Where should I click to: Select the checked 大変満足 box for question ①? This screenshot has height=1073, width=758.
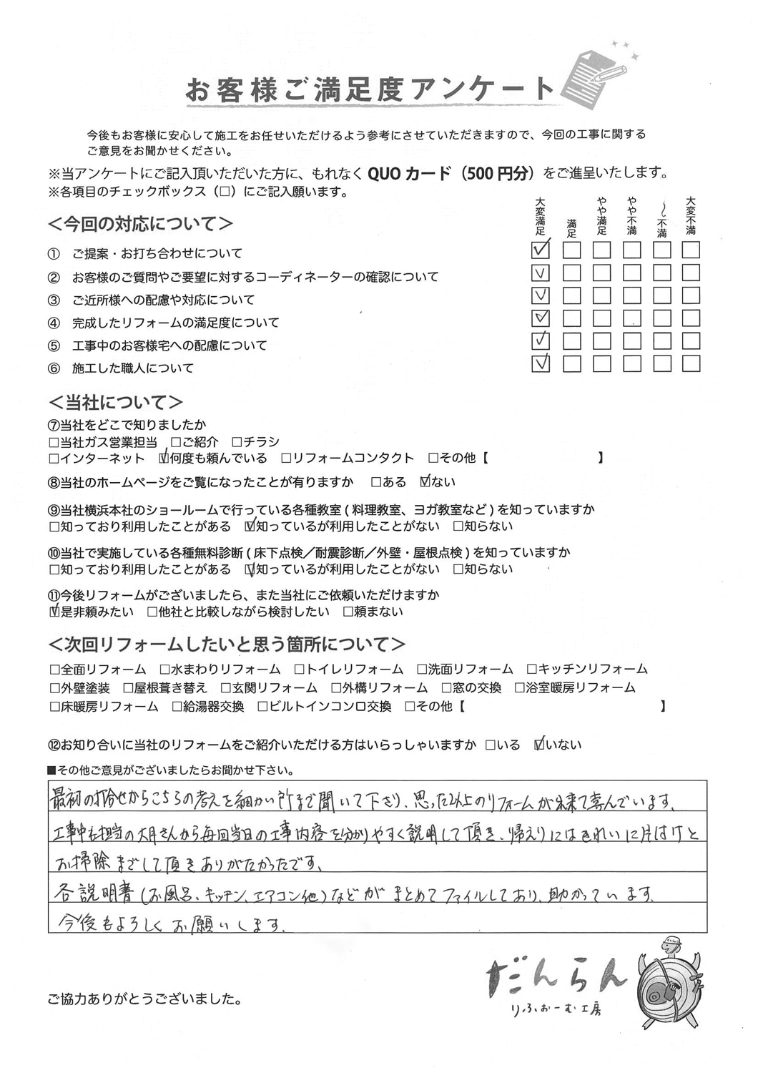pos(541,250)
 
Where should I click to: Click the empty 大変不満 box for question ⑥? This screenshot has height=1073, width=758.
pos(690,364)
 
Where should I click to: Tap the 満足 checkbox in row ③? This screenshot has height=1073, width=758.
pos(571,295)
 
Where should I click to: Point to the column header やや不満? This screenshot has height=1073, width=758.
pos(631,216)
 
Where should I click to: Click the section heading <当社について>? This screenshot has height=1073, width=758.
pos(116,401)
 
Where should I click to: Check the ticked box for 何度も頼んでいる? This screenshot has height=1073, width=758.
pos(164,458)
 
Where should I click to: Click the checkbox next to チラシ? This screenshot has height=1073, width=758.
pos(235,442)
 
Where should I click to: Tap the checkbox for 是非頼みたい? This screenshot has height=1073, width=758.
pos(54,612)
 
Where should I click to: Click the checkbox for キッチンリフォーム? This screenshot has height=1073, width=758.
pos(531,670)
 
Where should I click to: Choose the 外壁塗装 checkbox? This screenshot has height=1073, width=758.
pos(54,688)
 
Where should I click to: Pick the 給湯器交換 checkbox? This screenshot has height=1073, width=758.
pos(177,707)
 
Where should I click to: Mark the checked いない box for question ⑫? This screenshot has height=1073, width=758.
pos(540,745)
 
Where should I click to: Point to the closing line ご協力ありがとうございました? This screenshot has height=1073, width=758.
pos(144,998)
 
